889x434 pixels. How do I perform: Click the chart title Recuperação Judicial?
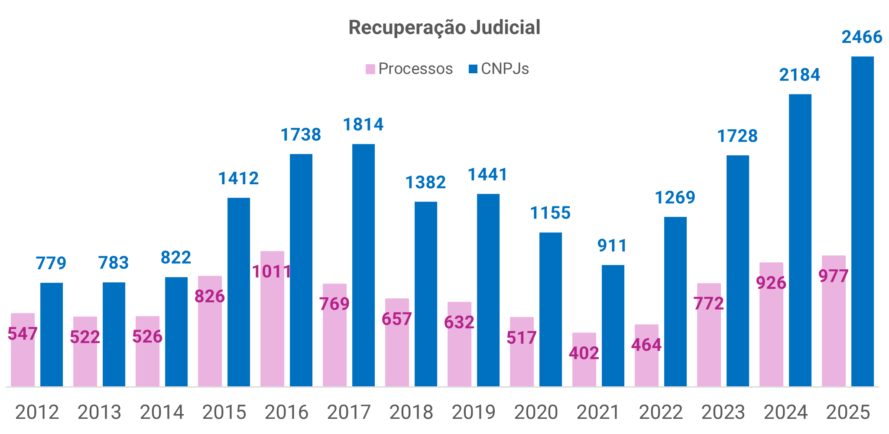(x=444, y=27)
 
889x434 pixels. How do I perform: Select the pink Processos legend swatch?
(x=370, y=69)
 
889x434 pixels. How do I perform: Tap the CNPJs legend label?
(x=505, y=69)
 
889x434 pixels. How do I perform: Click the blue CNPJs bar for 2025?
(x=862, y=221)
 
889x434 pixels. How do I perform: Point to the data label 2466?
(x=862, y=37)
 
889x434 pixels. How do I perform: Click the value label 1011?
(x=272, y=272)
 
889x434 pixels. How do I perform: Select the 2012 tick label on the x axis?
(x=37, y=412)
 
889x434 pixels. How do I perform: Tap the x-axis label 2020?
(x=536, y=412)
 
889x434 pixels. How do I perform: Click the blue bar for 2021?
(x=613, y=325)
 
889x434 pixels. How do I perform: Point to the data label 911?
(x=612, y=246)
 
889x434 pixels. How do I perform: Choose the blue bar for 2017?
(x=363, y=264)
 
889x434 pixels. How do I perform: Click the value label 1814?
(x=363, y=125)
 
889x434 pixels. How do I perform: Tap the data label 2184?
(x=799, y=75)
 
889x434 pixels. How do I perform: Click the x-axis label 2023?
(x=723, y=412)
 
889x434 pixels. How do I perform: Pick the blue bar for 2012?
(x=52, y=334)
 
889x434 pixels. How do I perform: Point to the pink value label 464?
(x=646, y=345)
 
